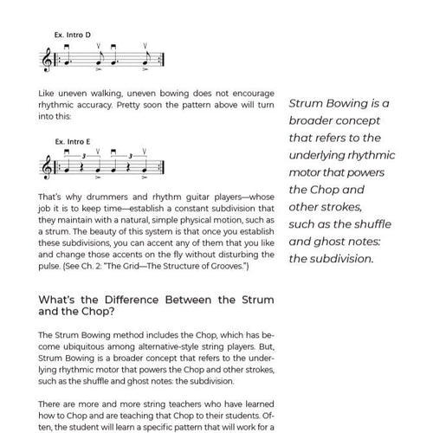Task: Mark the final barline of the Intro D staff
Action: tap(165, 60)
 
